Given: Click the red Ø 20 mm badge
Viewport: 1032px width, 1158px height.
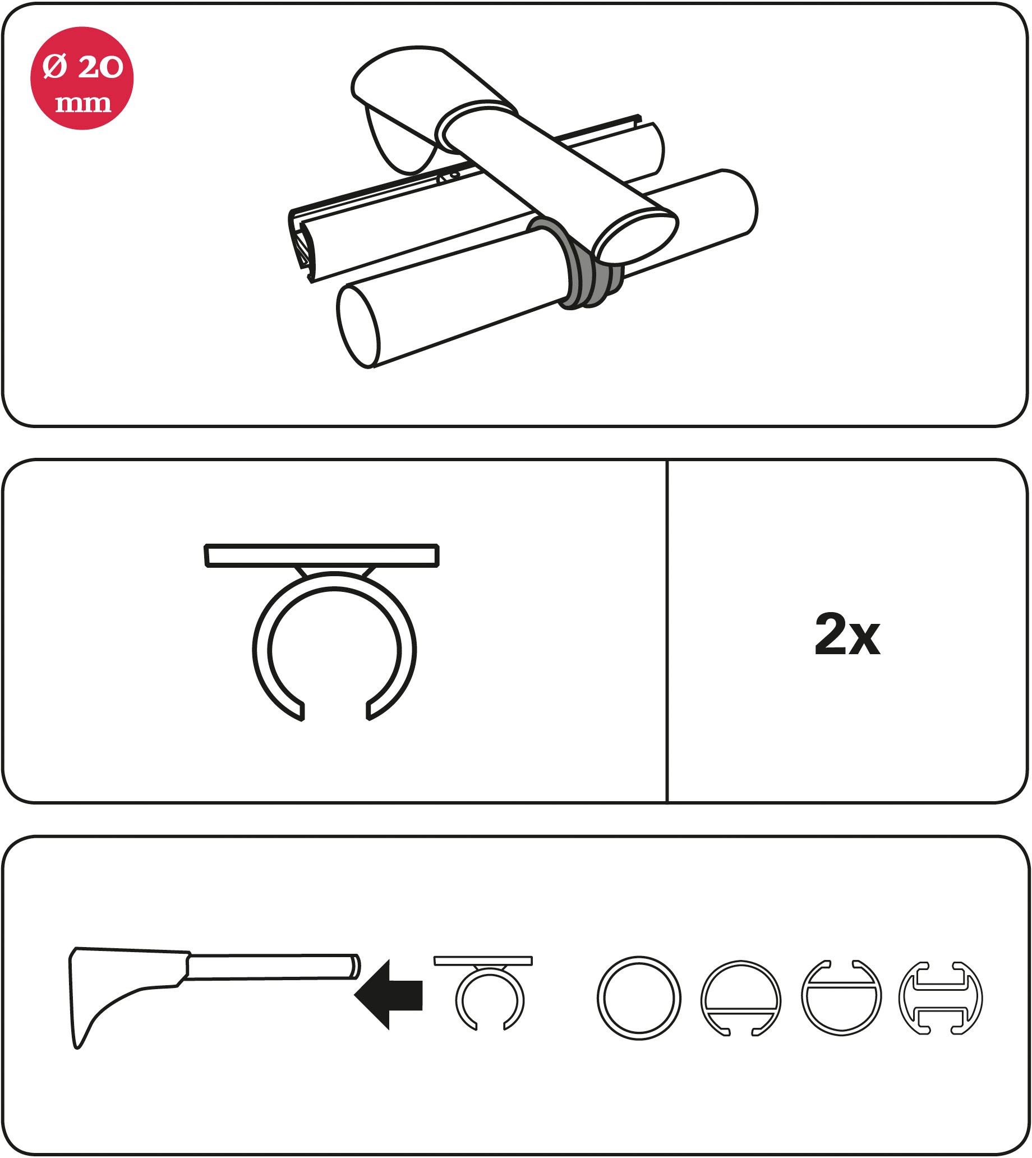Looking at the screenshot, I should point(82,78).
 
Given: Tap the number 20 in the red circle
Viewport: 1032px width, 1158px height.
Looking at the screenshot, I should point(100,67).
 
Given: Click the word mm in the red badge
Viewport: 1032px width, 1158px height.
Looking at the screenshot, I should point(83,104).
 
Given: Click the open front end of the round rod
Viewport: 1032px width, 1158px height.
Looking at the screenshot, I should point(358,326).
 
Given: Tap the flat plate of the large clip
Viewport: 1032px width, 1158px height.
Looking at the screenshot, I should point(321,555).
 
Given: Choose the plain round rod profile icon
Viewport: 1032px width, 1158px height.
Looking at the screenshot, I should point(638,998).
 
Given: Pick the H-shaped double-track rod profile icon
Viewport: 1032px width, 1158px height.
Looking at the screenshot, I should point(941,998).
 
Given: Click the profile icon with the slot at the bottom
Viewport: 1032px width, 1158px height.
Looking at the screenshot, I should point(740,998).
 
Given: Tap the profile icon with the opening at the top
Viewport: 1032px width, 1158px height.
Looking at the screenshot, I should point(841,998).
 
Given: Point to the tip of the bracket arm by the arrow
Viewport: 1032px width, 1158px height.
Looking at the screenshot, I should point(354,967).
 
